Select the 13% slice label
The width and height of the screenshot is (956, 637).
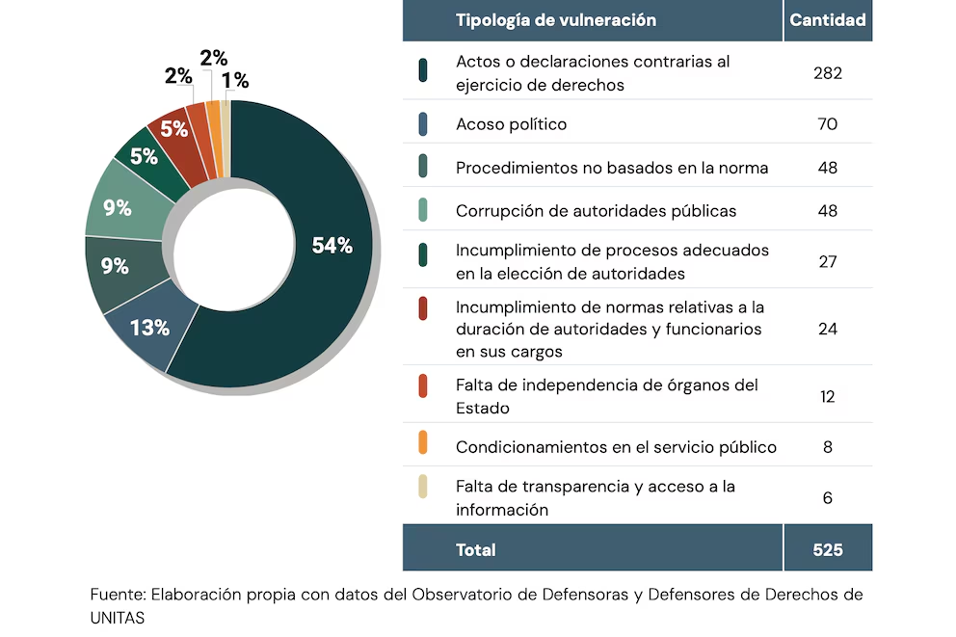point(149,328)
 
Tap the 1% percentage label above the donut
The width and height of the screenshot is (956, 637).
point(235,81)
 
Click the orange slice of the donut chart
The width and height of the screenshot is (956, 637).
point(213,139)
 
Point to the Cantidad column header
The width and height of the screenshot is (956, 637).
point(828,20)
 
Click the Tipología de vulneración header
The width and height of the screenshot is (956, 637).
point(555,20)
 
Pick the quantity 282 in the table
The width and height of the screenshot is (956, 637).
point(827,73)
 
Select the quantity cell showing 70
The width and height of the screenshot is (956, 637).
point(827,124)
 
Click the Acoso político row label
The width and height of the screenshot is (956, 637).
point(511,124)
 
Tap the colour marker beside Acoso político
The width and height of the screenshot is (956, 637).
point(423,124)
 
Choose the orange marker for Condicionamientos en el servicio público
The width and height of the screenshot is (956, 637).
point(423,447)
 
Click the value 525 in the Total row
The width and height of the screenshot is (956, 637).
point(827,550)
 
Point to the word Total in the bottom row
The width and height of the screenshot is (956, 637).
point(475,550)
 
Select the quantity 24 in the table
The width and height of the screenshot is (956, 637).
point(827,329)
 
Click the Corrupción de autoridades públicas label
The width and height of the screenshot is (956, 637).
point(596,211)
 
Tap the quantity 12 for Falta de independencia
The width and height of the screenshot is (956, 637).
point(827,396)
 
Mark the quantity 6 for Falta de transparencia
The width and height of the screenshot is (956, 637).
point(827,498)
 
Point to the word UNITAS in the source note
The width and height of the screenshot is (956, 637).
point(118,618)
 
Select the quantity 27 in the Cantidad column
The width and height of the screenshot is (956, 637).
point(827,261)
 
